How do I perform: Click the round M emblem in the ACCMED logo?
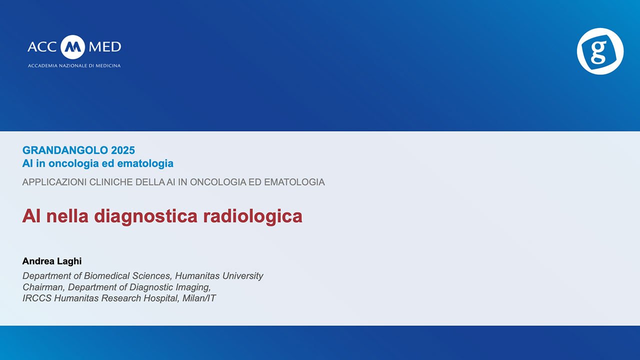73,47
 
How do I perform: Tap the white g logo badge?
600,51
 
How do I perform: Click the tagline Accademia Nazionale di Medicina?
74,65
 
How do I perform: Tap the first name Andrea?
37,261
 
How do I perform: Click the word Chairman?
43,287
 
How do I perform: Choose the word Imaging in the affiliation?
193,287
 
